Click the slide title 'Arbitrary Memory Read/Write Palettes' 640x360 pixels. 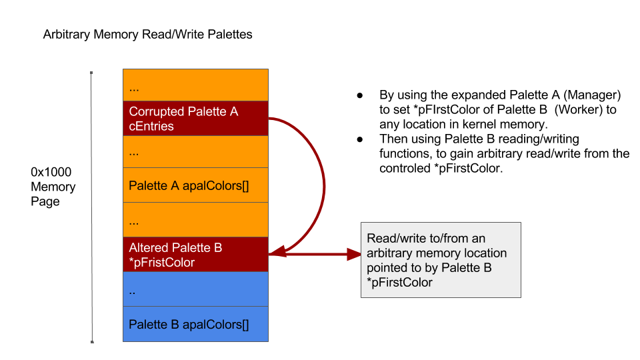147,34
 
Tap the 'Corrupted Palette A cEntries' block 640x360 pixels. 195,119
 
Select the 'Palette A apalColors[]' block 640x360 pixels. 195,185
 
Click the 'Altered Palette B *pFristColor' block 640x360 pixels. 195,255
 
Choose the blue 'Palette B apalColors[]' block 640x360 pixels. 195,325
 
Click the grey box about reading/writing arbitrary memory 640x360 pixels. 441,260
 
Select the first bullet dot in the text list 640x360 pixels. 360,95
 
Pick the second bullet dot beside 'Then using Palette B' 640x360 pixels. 360,139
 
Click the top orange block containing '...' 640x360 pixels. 195,85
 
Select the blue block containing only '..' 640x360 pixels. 195,289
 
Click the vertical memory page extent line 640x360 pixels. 91,207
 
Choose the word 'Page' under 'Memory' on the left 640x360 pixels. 45,201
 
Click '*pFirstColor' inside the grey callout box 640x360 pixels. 399,283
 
